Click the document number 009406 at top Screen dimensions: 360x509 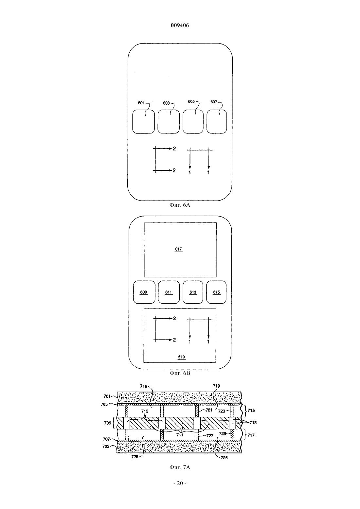(180, 26)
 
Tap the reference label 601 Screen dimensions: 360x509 (141, 103)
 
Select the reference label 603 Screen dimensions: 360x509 (166, 103)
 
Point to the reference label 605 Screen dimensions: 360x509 (191, 102)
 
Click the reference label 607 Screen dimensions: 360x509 (214, 102)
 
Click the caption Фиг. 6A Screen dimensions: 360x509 (180, 205)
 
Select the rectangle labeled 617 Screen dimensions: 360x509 (180, 250)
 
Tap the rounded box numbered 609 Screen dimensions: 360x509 (144, 292)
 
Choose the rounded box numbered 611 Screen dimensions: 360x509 (169, 292)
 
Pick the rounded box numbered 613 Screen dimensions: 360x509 (193, 292)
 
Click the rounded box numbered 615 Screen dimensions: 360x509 (216, 292)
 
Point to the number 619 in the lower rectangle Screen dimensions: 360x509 (181, 357)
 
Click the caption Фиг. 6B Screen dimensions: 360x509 (180, 373)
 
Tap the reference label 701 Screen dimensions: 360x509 (107, 396)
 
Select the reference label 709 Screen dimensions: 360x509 (108, 423)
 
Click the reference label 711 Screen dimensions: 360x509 (180, 435)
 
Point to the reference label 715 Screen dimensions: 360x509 (251, 411)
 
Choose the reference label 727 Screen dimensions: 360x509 (210, 436)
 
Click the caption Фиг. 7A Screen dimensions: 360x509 (180, 467)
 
